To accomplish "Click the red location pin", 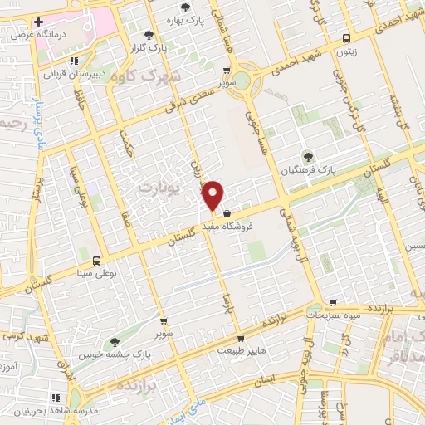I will point(213,195).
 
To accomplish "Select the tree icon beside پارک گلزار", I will point(149,35).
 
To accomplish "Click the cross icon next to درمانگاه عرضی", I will point(38,20).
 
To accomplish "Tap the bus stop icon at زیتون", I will point(346,37).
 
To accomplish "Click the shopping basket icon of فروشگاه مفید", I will point(227,213).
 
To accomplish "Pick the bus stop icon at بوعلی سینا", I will point(97,260).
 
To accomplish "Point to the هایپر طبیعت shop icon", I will point(241,338).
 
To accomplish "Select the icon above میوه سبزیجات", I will point(333,303).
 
